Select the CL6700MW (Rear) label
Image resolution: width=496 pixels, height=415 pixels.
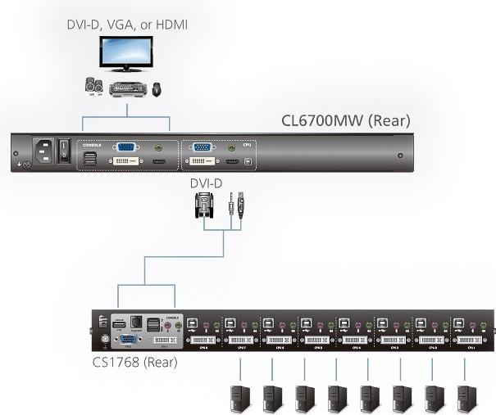click(x=345, y=121)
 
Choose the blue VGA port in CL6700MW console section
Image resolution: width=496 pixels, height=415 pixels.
click(x=126, y=148)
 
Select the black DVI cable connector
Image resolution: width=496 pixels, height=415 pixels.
click(x=206, y=208)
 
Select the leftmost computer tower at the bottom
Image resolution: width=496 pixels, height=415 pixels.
click(x=239, y=396)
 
